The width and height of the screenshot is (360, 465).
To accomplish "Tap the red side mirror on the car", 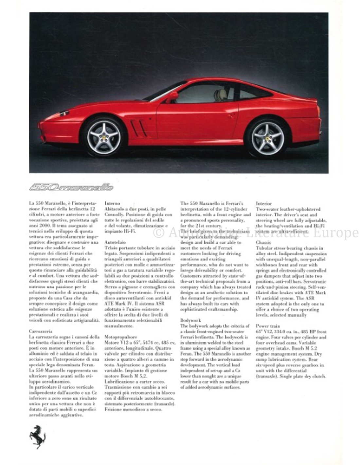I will pyautogui.click(x=172, y=96).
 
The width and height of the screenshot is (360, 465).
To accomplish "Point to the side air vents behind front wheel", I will pyautogui.click(x=138, y=128).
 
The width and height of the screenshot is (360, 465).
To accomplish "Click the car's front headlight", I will pyautogui.click(x=63, y=114).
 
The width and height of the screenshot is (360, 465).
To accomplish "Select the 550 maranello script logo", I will pyautogui.click(x=71, y=187).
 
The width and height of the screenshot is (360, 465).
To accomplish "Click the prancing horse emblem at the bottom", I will pyautogui.click(x=38, y=437).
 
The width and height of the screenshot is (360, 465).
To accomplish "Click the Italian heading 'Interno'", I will pyautogui.click(x=112, y=203).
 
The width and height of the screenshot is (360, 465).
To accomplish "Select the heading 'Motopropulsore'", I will pyautogui.click(x=120, y=336).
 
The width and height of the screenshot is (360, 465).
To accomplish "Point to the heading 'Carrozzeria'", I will pyautogui.click(x=41, y=331).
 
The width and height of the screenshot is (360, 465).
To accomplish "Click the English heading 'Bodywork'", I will pyautogui.click(x=190, y=320).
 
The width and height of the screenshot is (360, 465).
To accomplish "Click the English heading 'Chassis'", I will pyautogui.click(x=263, y=243).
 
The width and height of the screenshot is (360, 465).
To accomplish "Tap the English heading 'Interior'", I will pyautogui.click(x=264, y=203).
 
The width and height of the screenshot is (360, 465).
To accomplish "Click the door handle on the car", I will pyautogui.click(x=231, y=115).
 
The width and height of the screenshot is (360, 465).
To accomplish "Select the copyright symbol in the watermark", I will pyautogui.click(x=159, y=233).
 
